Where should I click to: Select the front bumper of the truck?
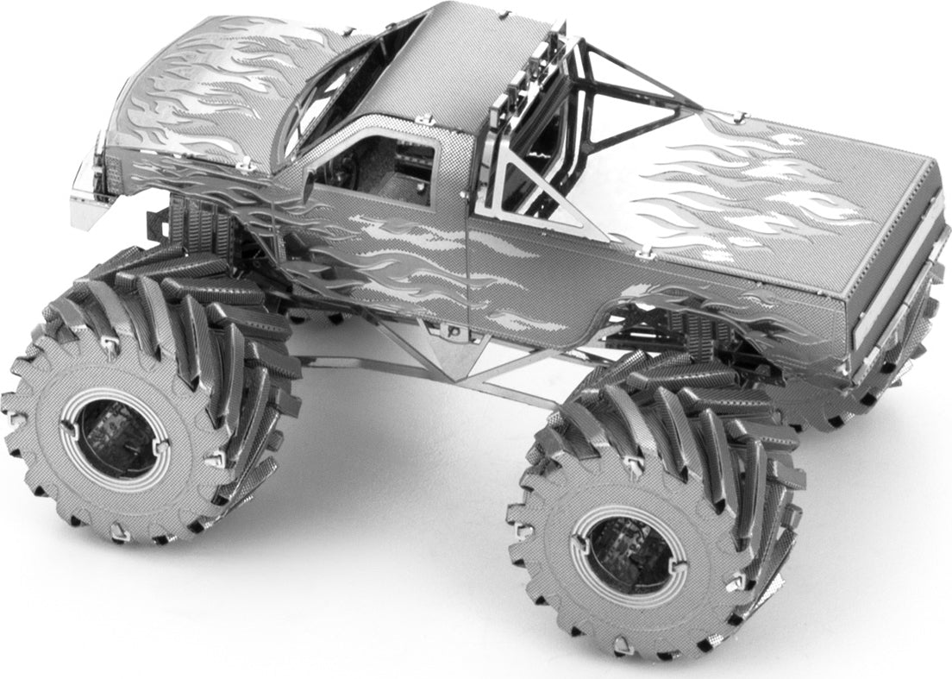91,185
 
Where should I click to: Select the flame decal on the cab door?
405,250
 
